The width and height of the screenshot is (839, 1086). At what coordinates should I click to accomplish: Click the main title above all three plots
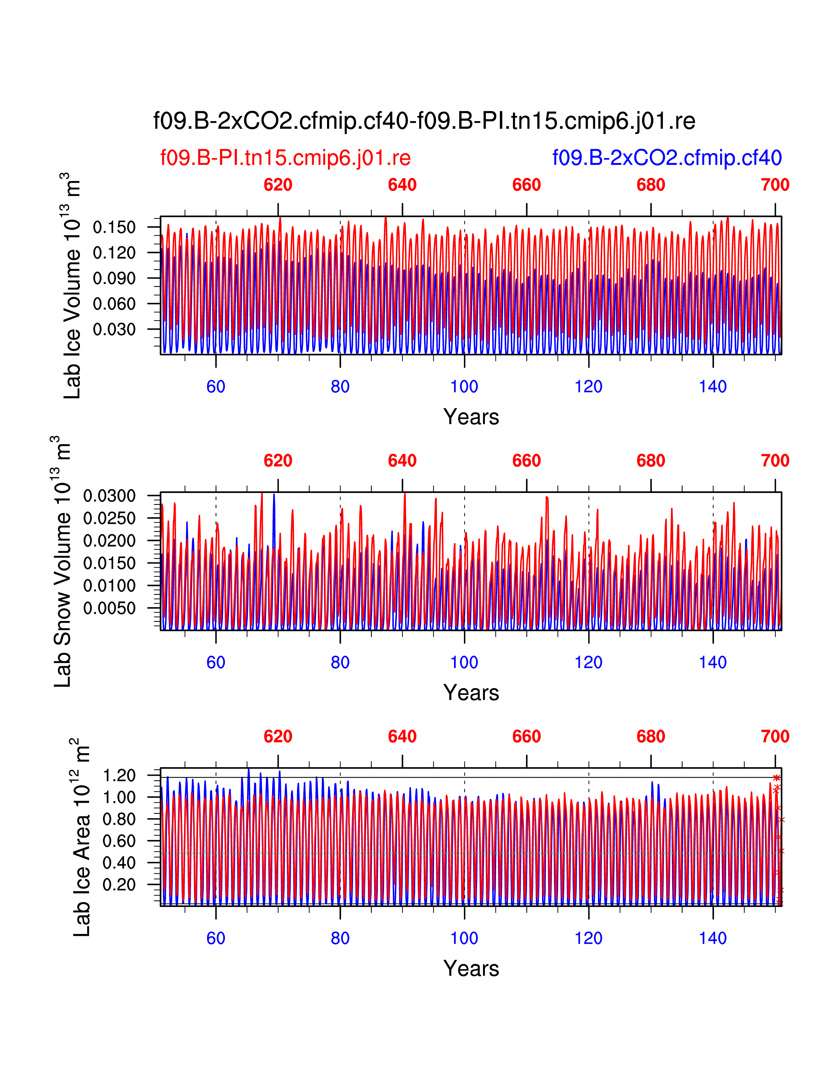[x=424, y=121]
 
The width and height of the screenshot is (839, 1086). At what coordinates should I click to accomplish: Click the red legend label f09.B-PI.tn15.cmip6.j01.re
[x=285, y=158]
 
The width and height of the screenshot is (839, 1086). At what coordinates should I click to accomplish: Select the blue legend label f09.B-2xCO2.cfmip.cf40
[x=667, y=158]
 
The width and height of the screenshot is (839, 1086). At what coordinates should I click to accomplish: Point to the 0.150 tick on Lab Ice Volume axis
[x=114, y=227]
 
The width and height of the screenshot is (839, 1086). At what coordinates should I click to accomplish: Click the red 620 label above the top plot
[x=278, y=185]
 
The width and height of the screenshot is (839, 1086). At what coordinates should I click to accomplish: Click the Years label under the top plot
[x=471, y=417]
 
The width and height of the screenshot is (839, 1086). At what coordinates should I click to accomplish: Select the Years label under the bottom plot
[x=471, y=968]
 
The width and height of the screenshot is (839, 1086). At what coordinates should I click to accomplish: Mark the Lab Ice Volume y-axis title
[x=72, y=286]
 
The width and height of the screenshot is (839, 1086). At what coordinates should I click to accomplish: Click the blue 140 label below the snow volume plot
[x=713, y=662]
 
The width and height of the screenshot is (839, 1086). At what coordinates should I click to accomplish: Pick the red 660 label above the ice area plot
[x=526, y=737]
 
